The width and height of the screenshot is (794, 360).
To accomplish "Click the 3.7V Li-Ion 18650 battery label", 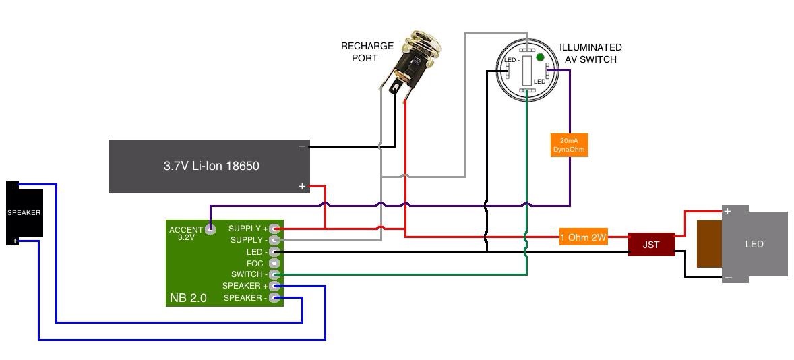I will click(211, 166).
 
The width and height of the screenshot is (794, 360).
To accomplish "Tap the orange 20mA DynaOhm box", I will click(569, 144).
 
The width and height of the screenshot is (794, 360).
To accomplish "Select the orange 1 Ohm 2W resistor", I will click(583, 237).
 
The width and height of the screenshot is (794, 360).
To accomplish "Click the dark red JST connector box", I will click(650, 245).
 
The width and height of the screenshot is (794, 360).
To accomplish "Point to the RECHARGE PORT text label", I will click(367, 52).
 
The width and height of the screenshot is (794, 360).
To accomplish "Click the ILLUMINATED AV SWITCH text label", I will click(590, 53).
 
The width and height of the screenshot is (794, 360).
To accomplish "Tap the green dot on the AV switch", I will click(540, 58).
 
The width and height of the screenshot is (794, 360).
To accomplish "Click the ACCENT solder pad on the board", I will click(210, 229).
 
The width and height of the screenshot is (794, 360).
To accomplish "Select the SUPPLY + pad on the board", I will click(274, 229).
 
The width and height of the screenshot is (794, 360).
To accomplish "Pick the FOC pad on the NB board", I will click(274, 263).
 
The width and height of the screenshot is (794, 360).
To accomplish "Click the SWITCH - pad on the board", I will click(274, 274).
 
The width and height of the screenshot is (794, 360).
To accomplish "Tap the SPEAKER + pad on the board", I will click(274, 286).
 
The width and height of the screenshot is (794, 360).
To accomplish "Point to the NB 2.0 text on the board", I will click(189, 297).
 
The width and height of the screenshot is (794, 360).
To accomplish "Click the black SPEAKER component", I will click(24, 213).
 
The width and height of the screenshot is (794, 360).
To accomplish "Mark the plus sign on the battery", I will click(302, 186).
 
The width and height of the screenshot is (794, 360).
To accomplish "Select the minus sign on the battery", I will click(302, 146).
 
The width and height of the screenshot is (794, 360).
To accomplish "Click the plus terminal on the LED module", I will click(728, 212).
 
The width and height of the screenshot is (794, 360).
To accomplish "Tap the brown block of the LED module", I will click(709, 244).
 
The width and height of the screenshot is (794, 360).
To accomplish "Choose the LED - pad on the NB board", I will click(274, 251).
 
